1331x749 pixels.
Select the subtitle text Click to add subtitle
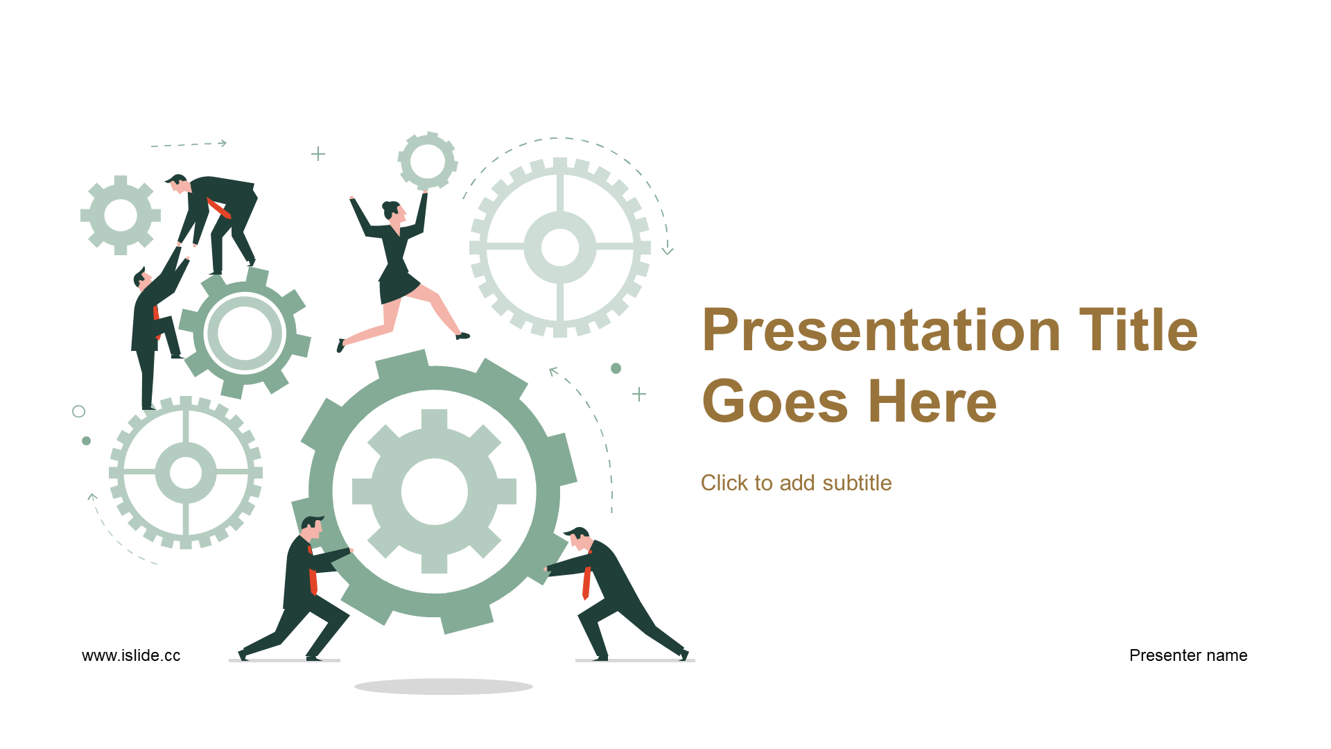796,483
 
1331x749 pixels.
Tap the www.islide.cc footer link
131,655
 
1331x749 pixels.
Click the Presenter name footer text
1188,655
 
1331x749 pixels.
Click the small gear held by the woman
428,161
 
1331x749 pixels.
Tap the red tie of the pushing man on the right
586,583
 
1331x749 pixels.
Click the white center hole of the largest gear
435,491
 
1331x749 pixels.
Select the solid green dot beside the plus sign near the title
616,368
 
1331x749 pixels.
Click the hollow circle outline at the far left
79,411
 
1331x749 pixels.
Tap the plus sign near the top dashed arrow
318,153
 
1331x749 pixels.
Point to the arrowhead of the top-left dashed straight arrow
223,143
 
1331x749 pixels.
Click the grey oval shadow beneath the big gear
444,687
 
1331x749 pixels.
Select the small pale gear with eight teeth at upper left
121,215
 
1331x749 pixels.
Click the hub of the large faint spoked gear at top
560,247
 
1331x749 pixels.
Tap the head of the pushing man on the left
312,529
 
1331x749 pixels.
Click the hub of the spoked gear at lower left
186,472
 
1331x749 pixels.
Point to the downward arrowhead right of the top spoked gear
668,251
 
